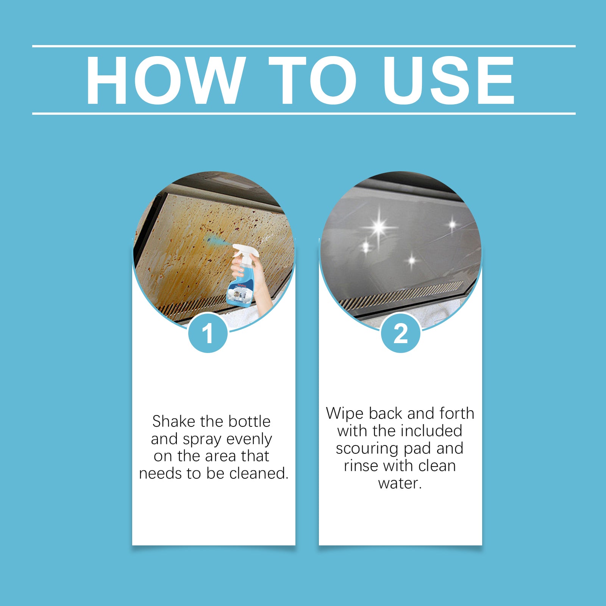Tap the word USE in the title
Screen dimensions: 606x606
click(448, 80)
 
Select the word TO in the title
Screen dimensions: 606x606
click(313, 80)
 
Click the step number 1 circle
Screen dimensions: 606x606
click(208, 334)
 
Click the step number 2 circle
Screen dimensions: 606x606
click(400, 334)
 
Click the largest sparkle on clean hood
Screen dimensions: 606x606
click(379, 228)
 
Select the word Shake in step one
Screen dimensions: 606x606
click(174, 421)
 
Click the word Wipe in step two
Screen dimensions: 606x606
click(345, 413)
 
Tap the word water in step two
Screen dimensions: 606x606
click(399, 483)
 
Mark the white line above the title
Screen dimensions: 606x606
click(303, 46)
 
